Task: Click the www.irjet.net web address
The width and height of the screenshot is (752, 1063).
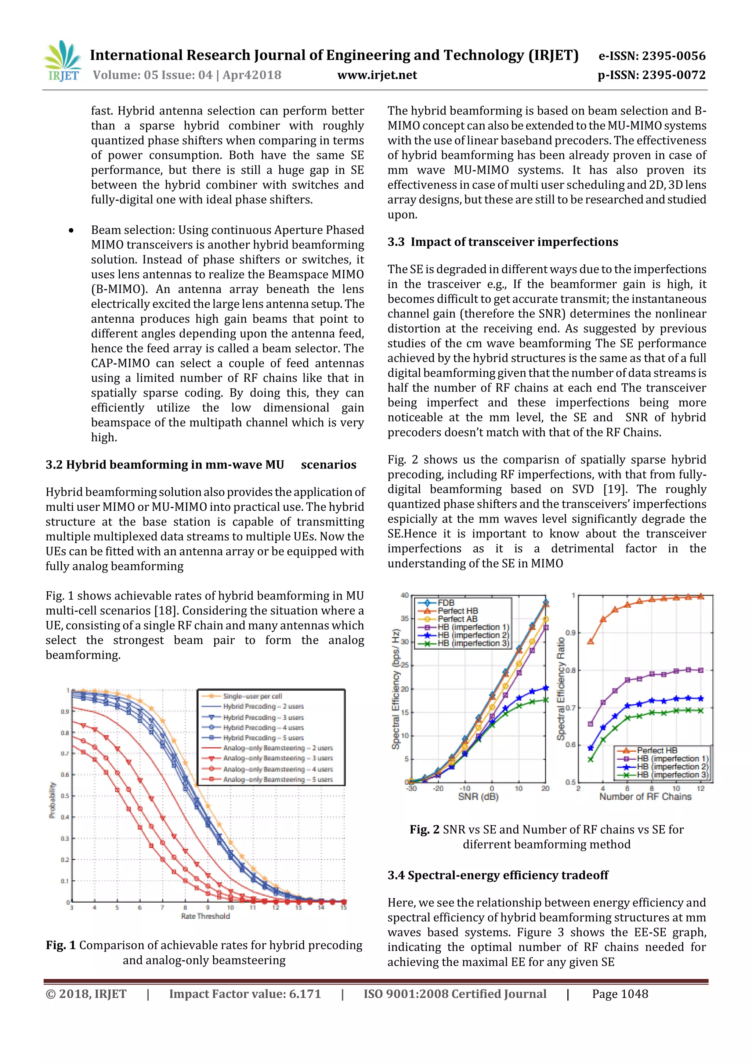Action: tap(377, 75)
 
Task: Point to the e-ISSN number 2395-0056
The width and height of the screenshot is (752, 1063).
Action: tap(651, 56)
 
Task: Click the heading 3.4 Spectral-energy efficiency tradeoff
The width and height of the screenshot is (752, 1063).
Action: tap(498, 875)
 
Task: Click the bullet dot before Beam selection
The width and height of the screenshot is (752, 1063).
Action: tap(71, 231)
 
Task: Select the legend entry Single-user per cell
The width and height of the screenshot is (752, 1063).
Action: tap(252, 696)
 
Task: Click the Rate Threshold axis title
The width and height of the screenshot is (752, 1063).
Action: tap(205, 916)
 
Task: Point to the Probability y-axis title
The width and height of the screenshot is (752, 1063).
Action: tap(53, 800)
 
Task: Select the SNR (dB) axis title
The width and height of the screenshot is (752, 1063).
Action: tap(478, 797)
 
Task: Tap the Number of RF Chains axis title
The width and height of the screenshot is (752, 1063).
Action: tap(645, 797)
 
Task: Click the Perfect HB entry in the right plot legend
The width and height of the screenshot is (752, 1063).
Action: tap(657, 751)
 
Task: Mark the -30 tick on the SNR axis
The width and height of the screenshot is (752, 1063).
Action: tap(411, 788)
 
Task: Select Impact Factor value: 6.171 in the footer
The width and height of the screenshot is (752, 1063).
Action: tap(245, 994)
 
